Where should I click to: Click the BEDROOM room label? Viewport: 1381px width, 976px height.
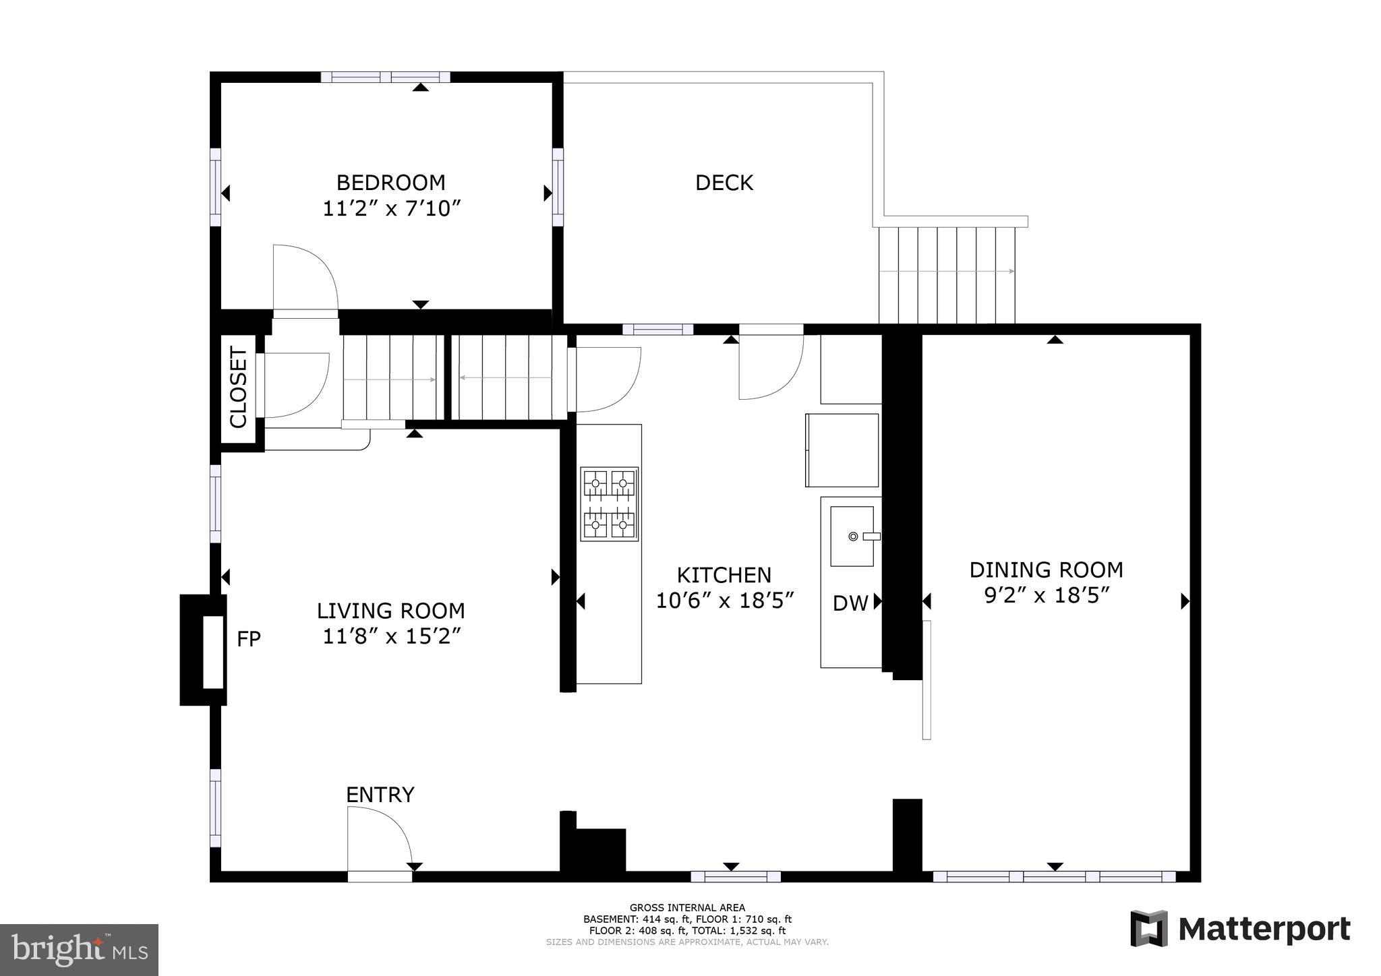coord(390,183)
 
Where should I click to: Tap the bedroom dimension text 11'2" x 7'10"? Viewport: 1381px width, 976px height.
coord(390,209)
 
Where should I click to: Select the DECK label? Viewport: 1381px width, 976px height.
coord(724,183)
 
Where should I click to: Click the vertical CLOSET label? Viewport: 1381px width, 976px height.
coord(239,387)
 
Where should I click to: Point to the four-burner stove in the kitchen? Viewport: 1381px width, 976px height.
coord(610,504)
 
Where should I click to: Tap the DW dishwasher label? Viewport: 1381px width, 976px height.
coord(850,603)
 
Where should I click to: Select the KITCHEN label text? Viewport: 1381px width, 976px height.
coord(724,575)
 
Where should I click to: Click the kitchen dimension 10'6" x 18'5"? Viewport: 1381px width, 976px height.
coord(725,601)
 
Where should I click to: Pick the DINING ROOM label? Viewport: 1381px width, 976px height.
coord(1046,570)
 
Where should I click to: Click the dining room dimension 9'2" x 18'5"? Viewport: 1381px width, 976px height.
coord(1046,596)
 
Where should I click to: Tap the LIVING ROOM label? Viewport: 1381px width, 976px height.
coord(390,611)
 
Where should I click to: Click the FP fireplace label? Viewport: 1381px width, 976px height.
coord(248,639)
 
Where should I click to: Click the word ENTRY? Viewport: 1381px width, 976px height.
coord(380,795)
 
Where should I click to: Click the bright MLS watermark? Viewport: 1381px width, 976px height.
coord(79,950)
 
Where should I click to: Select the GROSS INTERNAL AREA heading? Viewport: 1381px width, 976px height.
coord(687,908)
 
